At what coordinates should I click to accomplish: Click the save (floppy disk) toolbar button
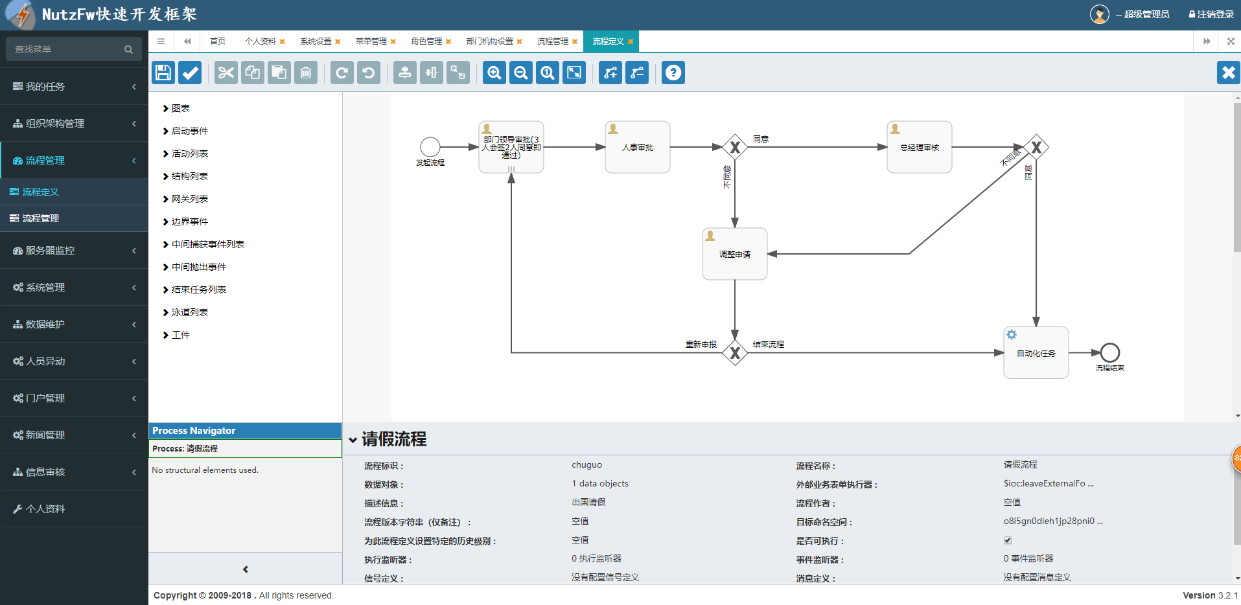(x=163, y=73)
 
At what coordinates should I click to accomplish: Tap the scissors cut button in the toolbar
(x=226, y=73)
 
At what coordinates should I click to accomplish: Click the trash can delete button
(x=306, y=73)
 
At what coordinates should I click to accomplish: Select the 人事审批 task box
(x=637, y=147)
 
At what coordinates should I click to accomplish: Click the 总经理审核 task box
(x=919, y=147)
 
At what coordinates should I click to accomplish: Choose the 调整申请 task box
(x=734, y=254)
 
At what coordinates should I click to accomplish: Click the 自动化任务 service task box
(x=1036, y=353)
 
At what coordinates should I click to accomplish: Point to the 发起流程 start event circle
(x=430, y=147)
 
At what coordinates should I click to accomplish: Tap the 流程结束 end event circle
(x=1109, y=352)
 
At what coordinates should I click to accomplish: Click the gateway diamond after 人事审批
(x=735, y=147)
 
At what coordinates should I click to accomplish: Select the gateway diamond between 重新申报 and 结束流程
(x=735, y=353)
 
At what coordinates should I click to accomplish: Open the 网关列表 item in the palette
(x=189, y=199)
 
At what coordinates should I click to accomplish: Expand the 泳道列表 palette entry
(x=189, y=312)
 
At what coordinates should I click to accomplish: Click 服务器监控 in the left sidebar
(x=51, y=251)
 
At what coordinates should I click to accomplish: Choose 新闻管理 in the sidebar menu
(x=45, y=435)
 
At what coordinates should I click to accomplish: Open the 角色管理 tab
(x=426, y=41)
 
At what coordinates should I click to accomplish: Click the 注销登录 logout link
(x=1211, y=14)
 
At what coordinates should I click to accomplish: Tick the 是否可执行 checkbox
(x=1008, y=540)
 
